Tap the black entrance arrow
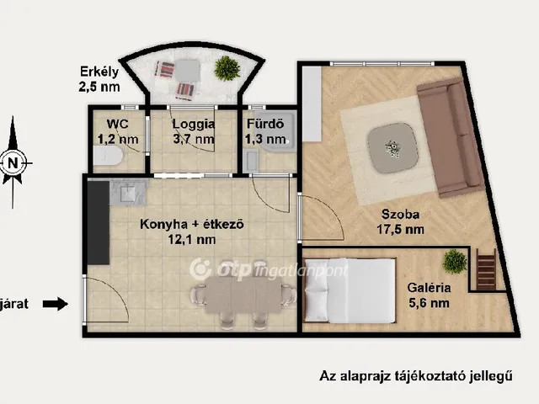pyautogui.click(x=56, y=304)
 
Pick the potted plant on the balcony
pyautogui.click(x=226, y=67)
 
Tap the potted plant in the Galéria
pyautogui.click(x=455, y=261)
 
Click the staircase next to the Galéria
pyautogui.click(x=487, y=268)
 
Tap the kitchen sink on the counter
pyautogui.click(x=127, y=193)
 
